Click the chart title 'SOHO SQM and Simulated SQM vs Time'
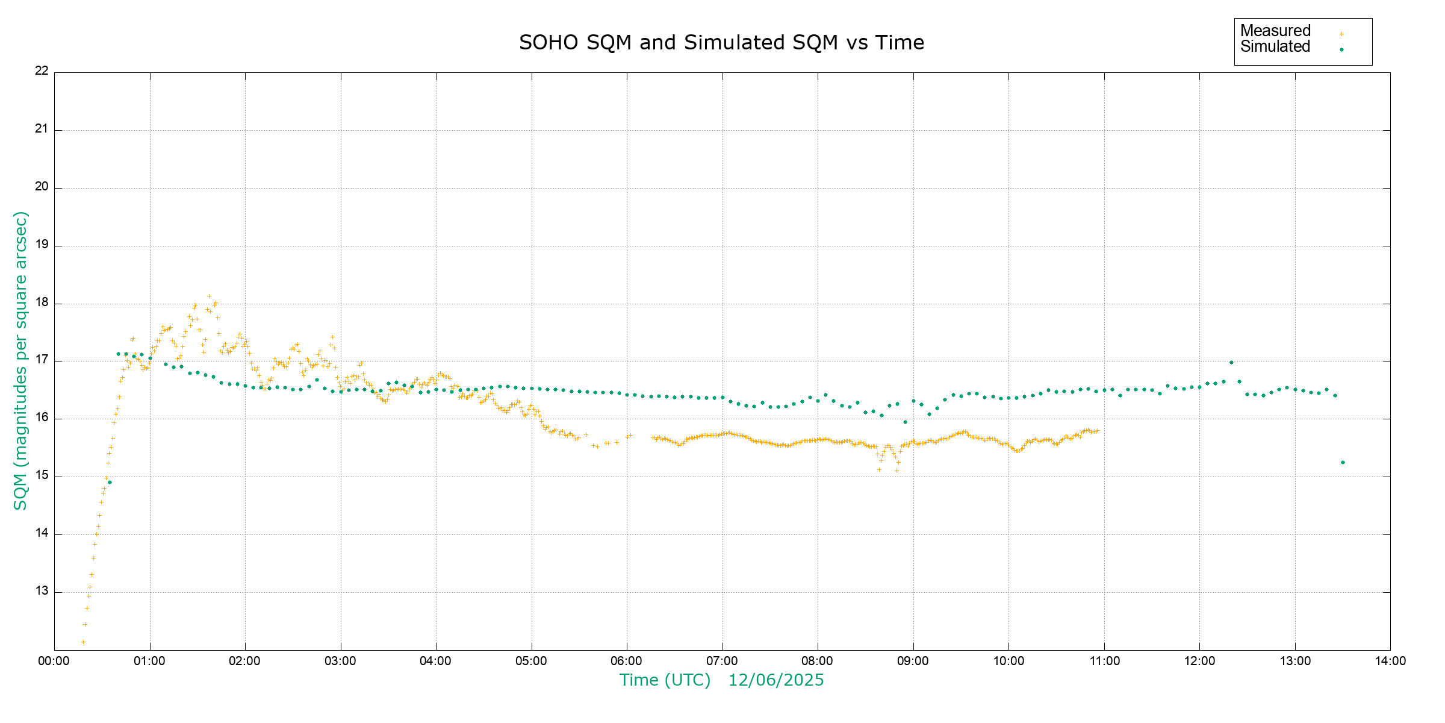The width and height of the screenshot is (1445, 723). pos(721,43)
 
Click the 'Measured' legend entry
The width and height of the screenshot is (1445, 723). pos(1275,31)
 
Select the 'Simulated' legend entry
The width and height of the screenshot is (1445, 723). pos(1275,47)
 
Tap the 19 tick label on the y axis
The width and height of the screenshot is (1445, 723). pos(42,245)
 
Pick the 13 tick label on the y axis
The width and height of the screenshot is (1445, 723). pos(42,590)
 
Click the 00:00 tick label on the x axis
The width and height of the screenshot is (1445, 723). pos(54,661)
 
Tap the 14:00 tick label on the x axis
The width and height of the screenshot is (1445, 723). pos(1390,661)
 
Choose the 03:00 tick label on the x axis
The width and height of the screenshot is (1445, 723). pos(340,661)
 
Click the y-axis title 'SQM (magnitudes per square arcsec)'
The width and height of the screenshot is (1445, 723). pos(20,360)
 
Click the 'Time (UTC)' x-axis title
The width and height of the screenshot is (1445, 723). pos(665,680)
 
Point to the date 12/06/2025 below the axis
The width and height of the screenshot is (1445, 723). pos(776,680)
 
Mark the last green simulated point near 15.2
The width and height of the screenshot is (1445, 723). pos(1343,462)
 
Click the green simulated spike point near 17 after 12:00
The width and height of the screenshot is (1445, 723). pos(1231,362)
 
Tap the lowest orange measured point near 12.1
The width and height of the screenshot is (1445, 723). pos(83,642)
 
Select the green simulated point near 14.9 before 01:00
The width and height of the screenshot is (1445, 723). pos(110,482)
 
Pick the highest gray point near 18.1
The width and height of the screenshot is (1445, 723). pos(209,296)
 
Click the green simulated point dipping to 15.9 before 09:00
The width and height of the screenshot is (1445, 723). pos(905,422)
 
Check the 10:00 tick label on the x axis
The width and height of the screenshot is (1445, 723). pos(1008,661)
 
